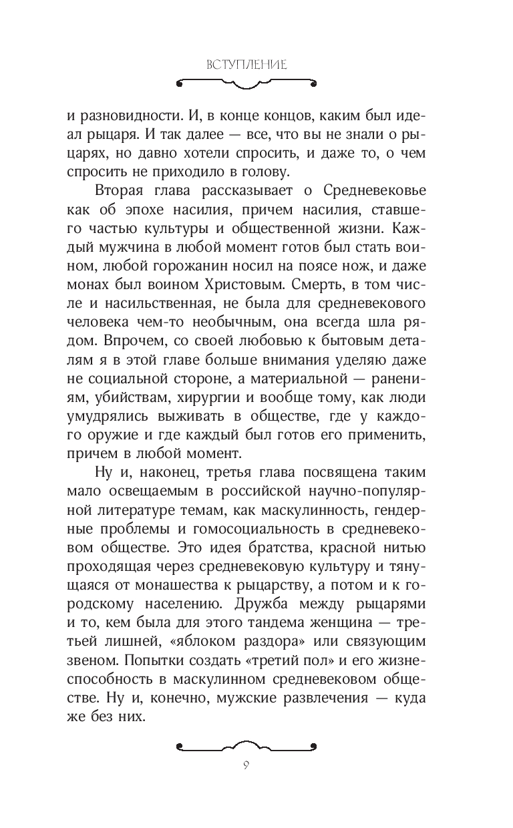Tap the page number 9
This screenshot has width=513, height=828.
256,764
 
